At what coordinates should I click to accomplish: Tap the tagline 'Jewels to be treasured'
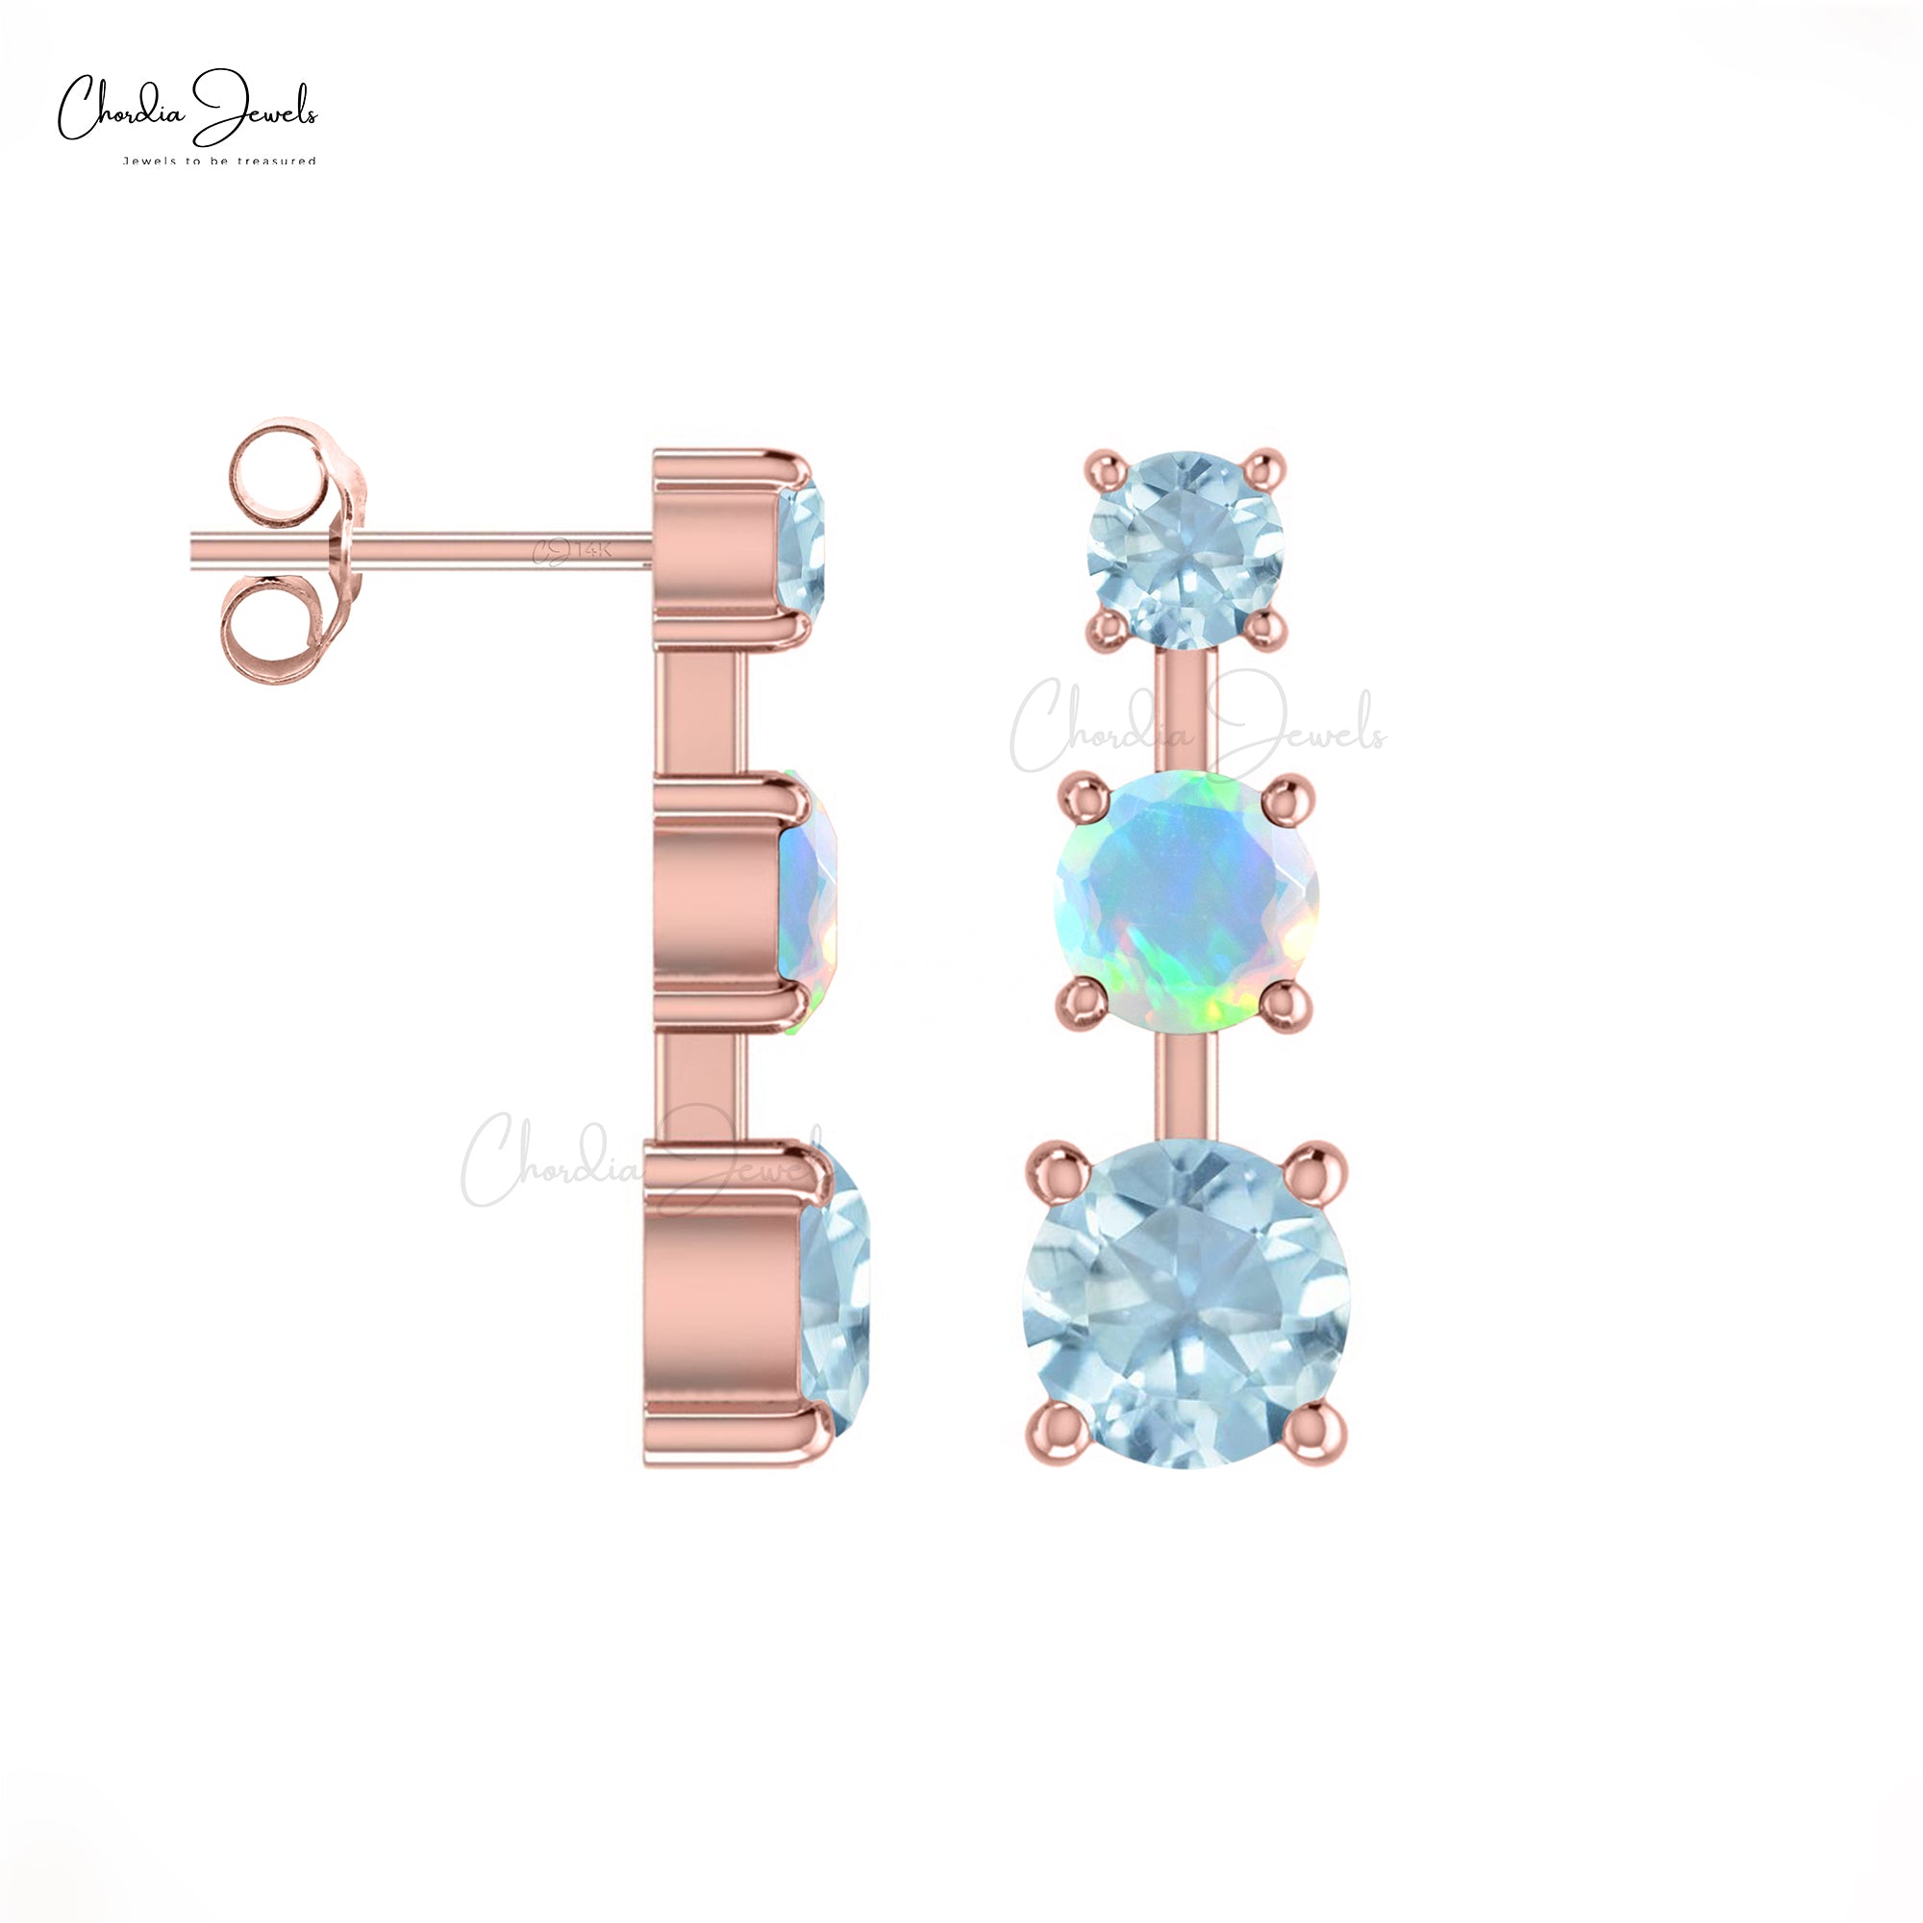[x=219, y=161]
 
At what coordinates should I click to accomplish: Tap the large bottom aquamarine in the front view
[x=1186, y=1305]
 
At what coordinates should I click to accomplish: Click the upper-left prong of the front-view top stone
[x=1105, y=465]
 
